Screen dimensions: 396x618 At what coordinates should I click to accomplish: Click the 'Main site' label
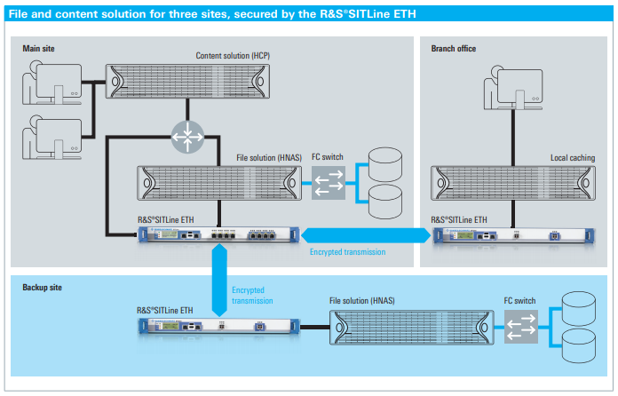[x=39, y=48]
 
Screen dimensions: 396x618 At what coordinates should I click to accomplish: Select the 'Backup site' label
[x=42, y=288]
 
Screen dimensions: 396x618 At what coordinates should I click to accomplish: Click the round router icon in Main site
[x=187, y=135]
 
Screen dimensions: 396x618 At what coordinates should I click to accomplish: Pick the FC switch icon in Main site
[x=327, y=182]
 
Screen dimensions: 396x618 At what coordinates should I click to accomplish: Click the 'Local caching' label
[x=571, y=157]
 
